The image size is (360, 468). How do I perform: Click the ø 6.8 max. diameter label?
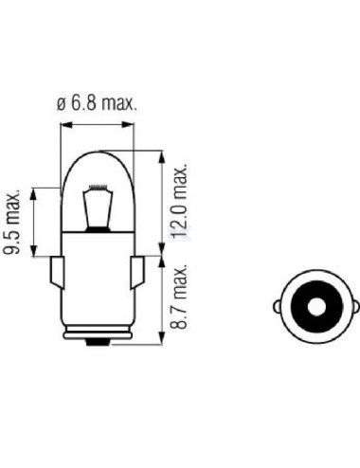coord(97,104)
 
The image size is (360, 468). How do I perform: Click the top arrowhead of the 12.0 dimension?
coord(170,152)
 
